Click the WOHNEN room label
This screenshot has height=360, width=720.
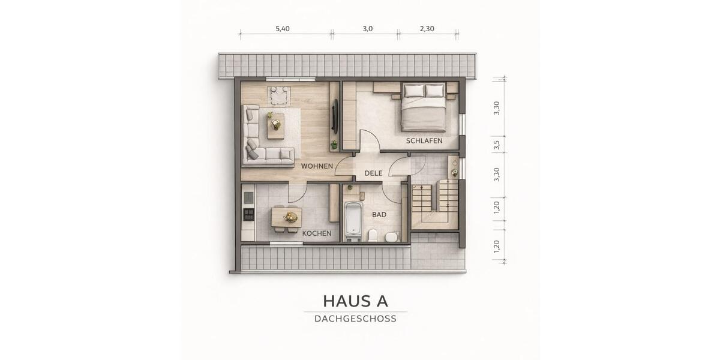click(317, 166)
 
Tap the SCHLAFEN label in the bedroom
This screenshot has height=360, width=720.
click(424, 141)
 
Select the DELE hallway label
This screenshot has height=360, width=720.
click(373, 173)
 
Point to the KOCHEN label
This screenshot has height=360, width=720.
click(317, 233)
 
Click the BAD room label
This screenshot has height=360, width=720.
click(379, 214)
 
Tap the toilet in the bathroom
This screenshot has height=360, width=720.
click(373, 235)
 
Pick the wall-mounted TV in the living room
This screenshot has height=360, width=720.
click(335, 116)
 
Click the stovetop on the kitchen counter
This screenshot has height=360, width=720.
click(248, 212)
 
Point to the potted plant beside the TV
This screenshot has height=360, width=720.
click(334, 145)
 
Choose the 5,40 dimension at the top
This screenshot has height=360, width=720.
click(283, 29)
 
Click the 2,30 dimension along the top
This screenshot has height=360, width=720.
click(427, 29)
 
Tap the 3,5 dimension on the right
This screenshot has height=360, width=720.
click(496, 146)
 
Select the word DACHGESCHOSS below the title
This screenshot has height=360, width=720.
click(355, 319)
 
